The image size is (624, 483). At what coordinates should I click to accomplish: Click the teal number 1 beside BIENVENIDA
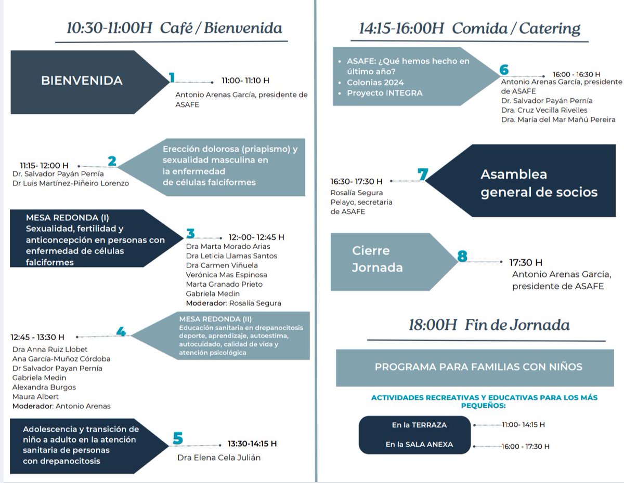coord(172,78)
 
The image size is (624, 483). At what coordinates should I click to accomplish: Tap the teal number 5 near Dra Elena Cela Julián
coord(178,438)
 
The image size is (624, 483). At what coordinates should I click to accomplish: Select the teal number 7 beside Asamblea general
coord(423,175)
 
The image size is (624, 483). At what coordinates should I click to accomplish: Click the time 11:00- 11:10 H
coord(245,81)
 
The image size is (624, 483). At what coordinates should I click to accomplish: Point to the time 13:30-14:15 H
coord(252,444)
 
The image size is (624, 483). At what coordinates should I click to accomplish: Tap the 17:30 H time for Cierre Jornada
coord(526,262)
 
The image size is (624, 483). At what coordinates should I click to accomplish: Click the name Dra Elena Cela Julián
coord(219,458)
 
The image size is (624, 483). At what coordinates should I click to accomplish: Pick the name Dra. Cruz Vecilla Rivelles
coord(544,110)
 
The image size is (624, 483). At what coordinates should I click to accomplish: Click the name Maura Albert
coord(35,397)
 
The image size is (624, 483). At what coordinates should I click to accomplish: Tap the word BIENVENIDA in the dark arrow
coord(82,81)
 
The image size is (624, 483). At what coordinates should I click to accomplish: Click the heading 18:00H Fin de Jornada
coord(489,326)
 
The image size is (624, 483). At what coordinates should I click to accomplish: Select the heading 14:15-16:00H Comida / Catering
coord(470,29)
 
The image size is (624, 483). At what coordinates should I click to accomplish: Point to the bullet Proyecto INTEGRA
coord(384,93)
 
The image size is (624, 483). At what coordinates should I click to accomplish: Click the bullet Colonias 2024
coord(375,83)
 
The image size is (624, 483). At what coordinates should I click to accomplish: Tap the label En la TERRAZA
coord(419,425)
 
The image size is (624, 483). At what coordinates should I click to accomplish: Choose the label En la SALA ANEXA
coord(419,445)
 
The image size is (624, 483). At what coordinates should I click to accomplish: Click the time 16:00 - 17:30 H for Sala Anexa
coord(525,446)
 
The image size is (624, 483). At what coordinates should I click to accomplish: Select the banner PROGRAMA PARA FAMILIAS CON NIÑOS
coord(478,367)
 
